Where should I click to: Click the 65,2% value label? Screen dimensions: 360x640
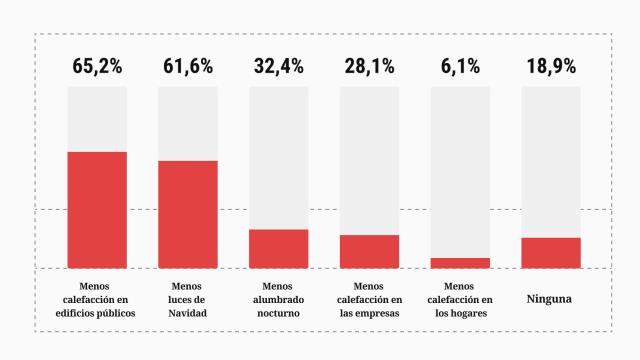tap(97, 67)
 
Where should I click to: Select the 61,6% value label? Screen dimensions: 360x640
tap(188, 67)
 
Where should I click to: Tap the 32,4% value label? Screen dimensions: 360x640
tap(279, 67)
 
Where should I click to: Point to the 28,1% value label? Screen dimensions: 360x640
tap(369, 67)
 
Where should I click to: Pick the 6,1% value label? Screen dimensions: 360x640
tap(460, 67)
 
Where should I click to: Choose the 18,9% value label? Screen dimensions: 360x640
tap(551, 67)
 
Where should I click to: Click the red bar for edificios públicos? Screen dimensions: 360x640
tap(97, 210)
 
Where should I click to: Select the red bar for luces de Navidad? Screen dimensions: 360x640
tap(188, 214)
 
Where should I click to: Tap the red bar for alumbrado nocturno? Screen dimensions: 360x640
tap(279, 248)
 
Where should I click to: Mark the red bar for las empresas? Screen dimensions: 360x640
tap(369, 251)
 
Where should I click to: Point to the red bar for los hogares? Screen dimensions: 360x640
tap(460, 263)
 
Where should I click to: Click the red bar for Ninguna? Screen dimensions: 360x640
tap(551, 253)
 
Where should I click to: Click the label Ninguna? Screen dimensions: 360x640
tap(551, 298)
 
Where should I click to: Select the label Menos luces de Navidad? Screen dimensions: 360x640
tap(188, 299)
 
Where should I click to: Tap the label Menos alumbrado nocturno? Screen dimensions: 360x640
tap(279, 299)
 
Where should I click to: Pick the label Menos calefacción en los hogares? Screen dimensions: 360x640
tap(460, 299)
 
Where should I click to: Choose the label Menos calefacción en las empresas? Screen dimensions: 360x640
tap(369, 299)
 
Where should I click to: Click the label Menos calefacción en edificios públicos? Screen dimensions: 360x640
tap(97, 299)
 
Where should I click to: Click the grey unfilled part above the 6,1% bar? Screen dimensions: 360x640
tap(460, 170)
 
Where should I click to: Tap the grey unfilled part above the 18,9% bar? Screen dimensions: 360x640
tap(551, 160)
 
